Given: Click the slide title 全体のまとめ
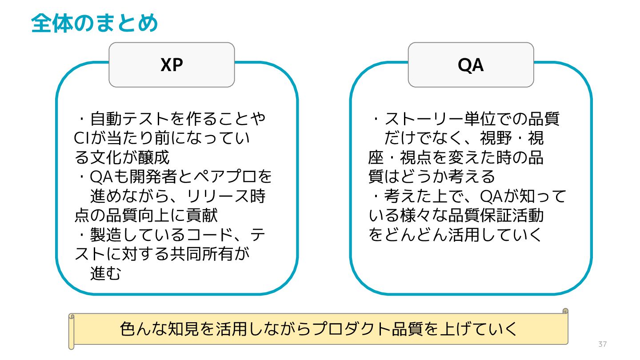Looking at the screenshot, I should (95, 23).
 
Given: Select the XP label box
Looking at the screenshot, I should (172, 65).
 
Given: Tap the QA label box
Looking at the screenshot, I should (471, 65).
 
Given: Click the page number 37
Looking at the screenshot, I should (602, 344).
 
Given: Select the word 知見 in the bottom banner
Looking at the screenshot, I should (184, 329).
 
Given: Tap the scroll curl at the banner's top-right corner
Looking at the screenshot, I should (565, 311).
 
